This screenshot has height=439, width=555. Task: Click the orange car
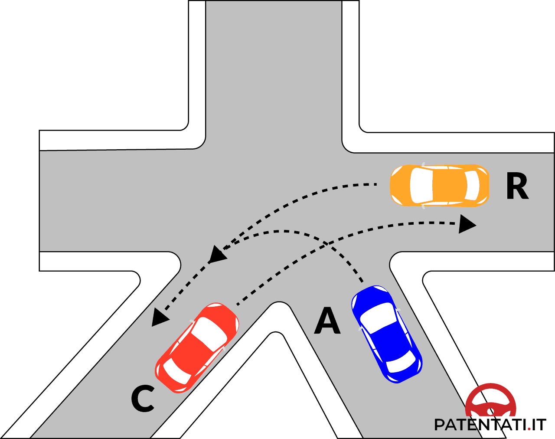pos(439,185)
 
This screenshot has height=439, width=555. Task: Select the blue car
pos(386,334)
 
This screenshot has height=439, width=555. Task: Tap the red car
pos(197,347)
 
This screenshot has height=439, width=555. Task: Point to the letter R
pos(517,187)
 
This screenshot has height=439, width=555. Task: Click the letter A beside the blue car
pos(327,321)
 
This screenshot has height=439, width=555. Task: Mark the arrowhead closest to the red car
pos(160,317)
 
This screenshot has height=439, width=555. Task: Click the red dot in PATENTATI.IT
pos(529,429)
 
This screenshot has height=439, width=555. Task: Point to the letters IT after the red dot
pos(539,425)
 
